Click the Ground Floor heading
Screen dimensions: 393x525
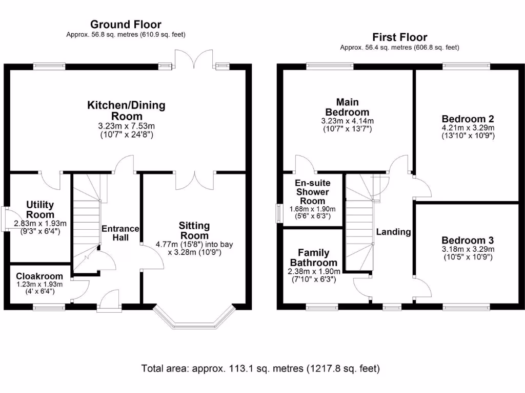(126, 24)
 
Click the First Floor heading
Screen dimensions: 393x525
(399, 37)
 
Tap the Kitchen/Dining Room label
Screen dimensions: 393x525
(126, 111)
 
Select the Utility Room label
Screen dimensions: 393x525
(40, 209)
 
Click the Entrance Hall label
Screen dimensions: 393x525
(120, 233)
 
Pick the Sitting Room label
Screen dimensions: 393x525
(194, 230)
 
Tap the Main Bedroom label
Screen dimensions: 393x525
(347, 107)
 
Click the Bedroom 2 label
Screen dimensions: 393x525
(468, 118)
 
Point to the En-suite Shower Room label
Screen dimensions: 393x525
(312, 192)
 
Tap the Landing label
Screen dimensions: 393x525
(393, 232)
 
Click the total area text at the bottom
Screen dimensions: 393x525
(260, 368)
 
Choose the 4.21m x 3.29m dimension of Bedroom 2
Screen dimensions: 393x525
(468, 128)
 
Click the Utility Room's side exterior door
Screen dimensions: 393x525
(4, 219)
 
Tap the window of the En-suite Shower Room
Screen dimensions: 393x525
(279, 213)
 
